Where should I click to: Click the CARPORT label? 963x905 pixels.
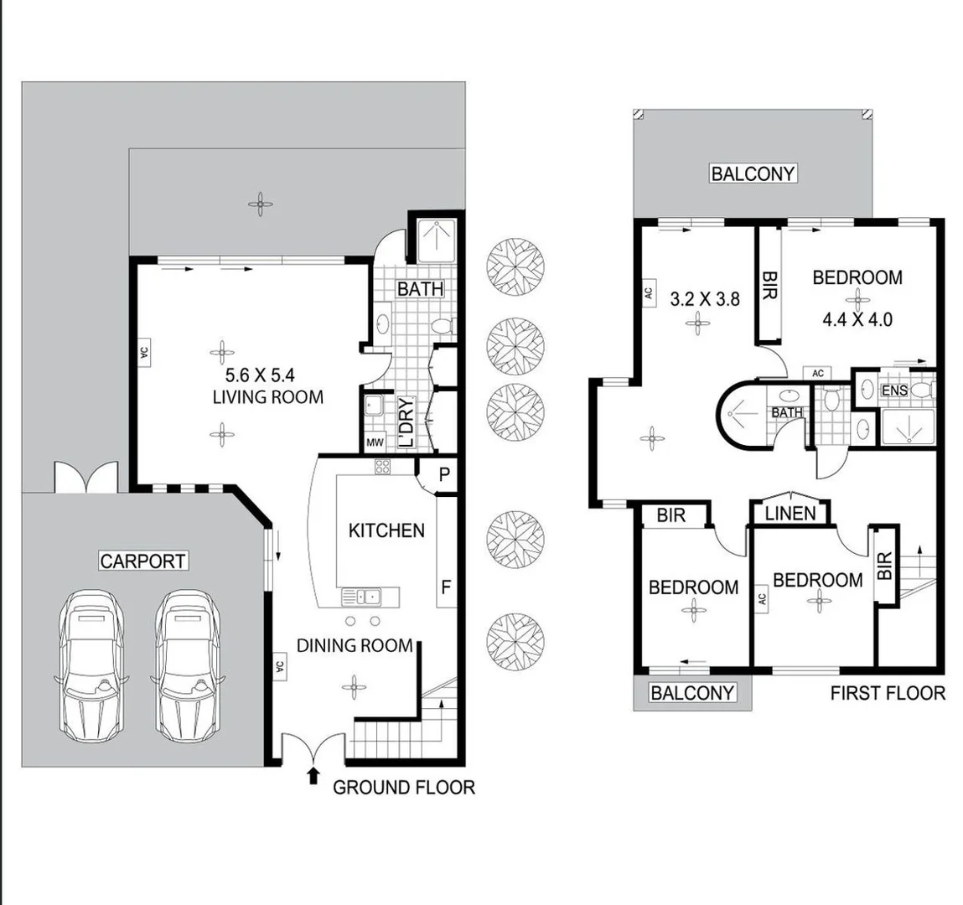(143, 561)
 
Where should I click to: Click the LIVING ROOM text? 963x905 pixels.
(267, 396)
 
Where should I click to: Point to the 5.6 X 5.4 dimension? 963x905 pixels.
(261, 375)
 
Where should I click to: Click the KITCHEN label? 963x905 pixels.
(386, 530)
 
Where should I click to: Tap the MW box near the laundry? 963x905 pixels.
(375, 442)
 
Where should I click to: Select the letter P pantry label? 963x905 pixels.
(445, 474)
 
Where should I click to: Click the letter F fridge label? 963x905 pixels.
(446, 587)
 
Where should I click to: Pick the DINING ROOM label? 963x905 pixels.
(355, 645)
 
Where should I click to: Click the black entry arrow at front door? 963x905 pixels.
(313, 775)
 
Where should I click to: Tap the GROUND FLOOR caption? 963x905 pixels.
(404, 788)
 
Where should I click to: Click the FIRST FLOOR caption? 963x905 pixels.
(888, 693)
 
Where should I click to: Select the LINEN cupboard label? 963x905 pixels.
(790, 513)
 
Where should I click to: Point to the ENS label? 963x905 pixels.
(894, 390)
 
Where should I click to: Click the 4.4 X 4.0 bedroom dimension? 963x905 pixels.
(857, 319)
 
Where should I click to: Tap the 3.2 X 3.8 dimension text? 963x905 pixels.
(706, 298)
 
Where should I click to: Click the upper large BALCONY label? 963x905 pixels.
(753, 173)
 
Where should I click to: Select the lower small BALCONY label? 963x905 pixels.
(692, 693)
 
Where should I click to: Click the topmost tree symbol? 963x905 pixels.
(516, 267)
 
